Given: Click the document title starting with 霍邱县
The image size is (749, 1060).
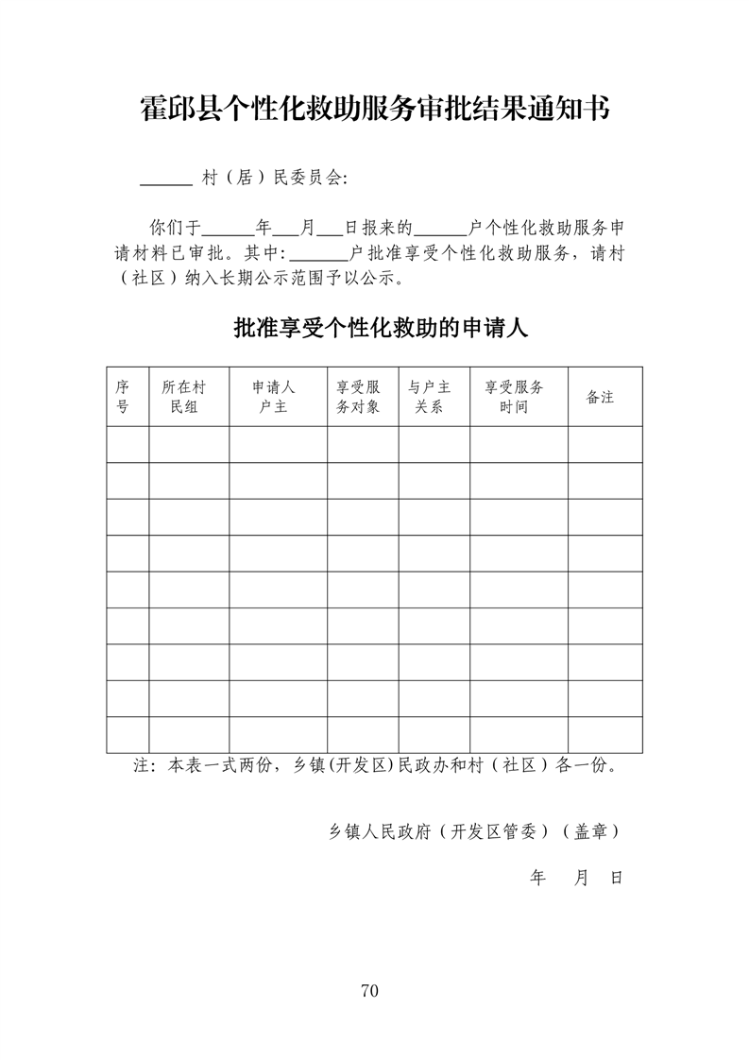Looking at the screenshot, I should pos(374,109).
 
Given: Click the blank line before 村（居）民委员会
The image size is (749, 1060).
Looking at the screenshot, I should pos(165,179).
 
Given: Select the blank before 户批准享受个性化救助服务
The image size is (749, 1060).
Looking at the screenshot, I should pos(319,255).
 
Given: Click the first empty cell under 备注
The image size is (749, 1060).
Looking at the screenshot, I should pos(604,444).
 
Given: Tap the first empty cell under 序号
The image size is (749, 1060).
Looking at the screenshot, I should pos(127,444).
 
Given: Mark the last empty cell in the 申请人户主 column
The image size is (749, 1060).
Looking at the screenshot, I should pos(278,734).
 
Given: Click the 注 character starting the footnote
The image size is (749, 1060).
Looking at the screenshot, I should pos(144,766).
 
